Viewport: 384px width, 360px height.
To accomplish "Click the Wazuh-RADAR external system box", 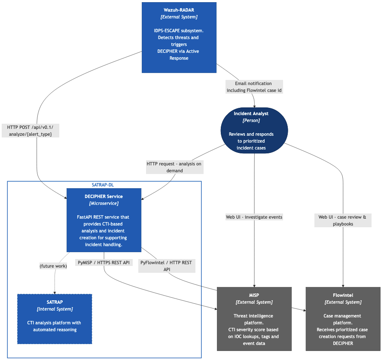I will click(179, 37).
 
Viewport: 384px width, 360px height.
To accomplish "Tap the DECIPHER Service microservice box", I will click(104, 220).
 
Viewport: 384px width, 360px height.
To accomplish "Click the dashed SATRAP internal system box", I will click(55, 319).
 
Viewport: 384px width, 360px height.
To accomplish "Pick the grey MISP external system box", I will click(254, 319).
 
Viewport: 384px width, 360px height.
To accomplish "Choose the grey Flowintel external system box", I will click(343, 319).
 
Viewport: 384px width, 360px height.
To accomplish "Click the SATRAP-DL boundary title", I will click(103, 185).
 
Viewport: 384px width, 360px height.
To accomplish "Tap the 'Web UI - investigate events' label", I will click(254, 217).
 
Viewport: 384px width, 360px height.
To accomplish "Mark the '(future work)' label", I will click(53, 266).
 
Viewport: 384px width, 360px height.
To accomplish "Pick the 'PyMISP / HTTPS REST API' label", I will click(104, 262).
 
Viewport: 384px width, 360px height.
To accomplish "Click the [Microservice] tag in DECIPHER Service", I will click(104, 203).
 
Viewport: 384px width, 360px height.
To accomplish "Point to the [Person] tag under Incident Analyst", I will click(251, 120).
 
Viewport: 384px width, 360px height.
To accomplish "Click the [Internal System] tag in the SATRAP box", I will click(55, 309).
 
